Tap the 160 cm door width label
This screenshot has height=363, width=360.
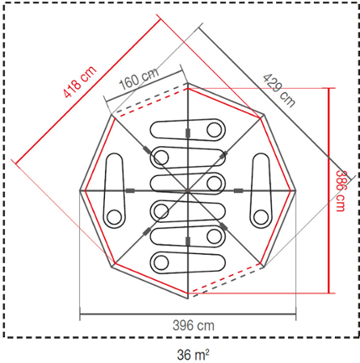coord(138,80)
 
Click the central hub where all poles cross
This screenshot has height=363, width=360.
coord(187,190)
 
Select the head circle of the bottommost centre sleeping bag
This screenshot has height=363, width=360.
coord(161,262)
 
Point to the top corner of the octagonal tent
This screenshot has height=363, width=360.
coord(187,83)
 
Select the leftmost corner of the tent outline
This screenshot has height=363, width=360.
coord(79,190)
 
